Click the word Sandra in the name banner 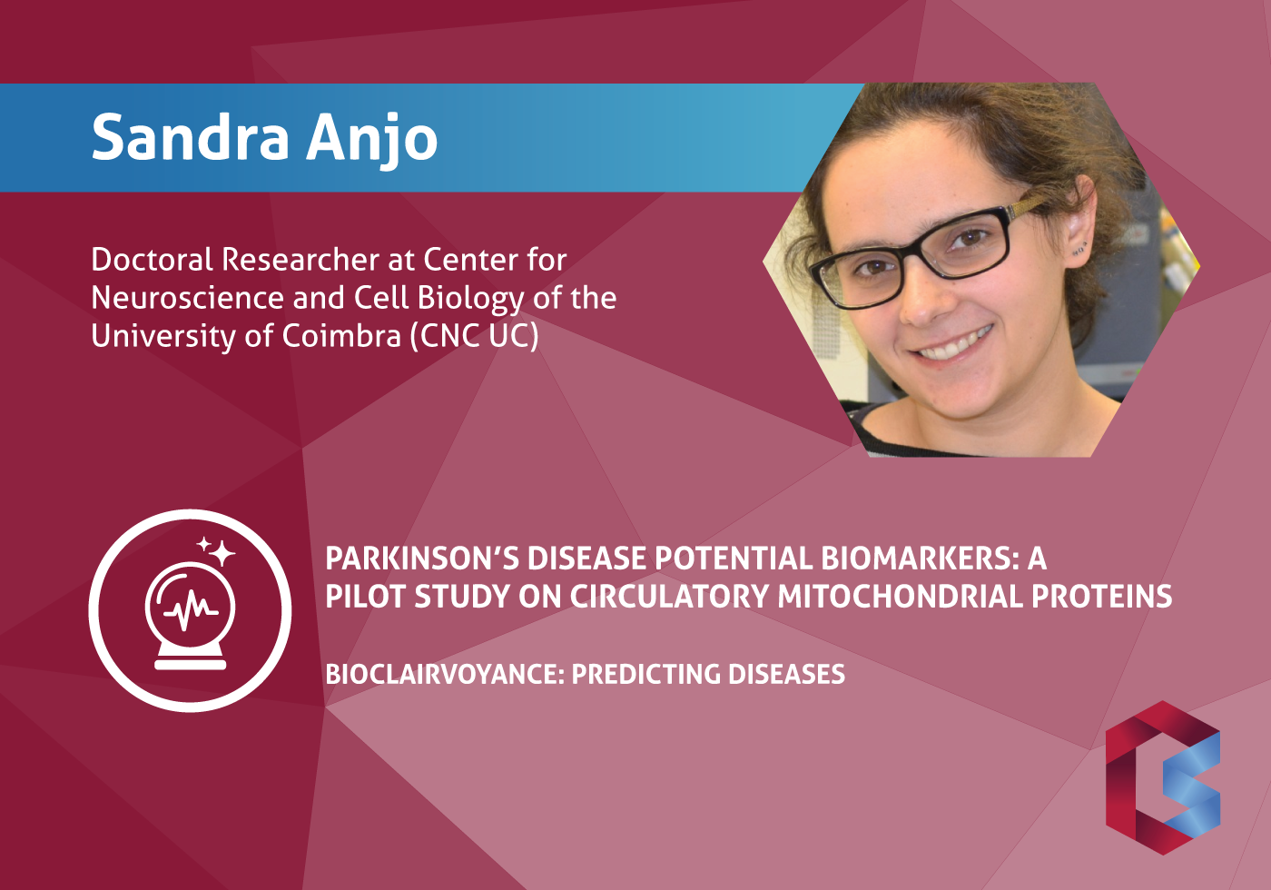191,137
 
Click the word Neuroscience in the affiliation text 187,298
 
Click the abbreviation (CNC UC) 474,337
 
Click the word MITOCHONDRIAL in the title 899,596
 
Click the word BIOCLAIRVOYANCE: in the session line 444,674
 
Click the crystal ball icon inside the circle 190,616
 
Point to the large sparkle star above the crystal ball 222,553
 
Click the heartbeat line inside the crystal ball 190,610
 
